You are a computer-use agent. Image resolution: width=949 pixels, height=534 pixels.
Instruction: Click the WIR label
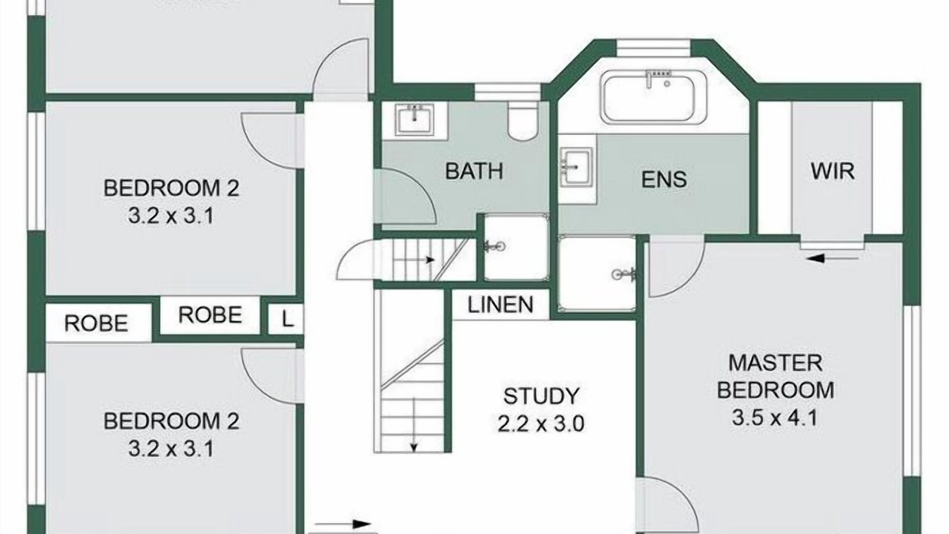833,171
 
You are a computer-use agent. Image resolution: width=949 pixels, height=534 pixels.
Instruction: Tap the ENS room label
664,179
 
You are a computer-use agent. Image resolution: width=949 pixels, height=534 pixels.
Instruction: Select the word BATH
474,171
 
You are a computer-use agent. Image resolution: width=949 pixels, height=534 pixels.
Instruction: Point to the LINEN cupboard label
500,305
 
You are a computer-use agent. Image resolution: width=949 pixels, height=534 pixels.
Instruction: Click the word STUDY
541,396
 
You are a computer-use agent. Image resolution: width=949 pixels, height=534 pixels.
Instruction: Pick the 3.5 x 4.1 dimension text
775,418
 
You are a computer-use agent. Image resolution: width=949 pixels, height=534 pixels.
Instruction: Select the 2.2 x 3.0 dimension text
541,423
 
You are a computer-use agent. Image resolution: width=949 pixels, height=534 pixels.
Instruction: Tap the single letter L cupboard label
287,319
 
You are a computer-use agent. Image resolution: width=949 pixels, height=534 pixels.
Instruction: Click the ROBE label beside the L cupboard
210,315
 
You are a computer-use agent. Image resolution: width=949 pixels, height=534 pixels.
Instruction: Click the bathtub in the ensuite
653,97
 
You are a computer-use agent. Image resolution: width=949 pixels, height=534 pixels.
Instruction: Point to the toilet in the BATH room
523,121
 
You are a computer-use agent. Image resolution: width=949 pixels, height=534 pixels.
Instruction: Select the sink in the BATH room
414,119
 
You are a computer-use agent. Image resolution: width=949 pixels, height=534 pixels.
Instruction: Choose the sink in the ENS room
576,167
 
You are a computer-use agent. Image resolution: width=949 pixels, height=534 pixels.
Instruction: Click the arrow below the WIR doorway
833,257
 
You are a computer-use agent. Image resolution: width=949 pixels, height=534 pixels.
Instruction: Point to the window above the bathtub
653,48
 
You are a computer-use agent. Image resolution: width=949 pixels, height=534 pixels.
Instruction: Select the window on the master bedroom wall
912,390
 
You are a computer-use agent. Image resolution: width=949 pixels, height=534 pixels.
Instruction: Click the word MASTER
775,363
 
